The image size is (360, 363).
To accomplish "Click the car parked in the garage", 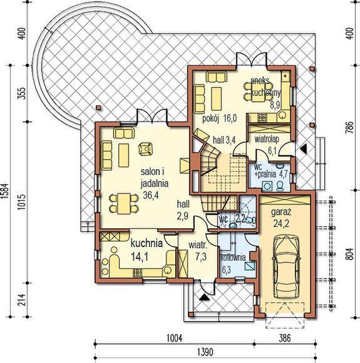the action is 287,267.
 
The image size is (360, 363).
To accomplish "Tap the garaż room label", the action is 281,212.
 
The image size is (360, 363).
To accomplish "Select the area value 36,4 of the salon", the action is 151,195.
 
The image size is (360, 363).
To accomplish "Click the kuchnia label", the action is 147,243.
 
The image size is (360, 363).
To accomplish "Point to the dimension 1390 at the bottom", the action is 205,352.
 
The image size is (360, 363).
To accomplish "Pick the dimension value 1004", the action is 174,338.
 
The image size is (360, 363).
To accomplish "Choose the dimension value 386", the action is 285,338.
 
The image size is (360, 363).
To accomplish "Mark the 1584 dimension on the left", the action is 4,191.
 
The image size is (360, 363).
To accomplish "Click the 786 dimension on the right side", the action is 351,127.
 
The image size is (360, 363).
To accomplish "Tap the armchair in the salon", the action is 145,149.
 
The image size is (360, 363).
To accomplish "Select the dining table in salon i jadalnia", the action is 124,204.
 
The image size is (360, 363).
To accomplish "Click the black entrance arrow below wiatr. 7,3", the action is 204,297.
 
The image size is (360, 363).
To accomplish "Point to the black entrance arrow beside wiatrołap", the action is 303,149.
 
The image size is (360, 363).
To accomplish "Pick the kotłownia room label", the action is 233,258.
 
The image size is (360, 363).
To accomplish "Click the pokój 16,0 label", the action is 220,118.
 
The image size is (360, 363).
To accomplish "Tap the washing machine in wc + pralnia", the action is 267,186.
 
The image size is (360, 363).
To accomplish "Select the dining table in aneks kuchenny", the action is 259,92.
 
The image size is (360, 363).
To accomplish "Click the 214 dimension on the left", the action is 23,300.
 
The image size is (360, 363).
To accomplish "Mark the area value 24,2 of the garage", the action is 280,223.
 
